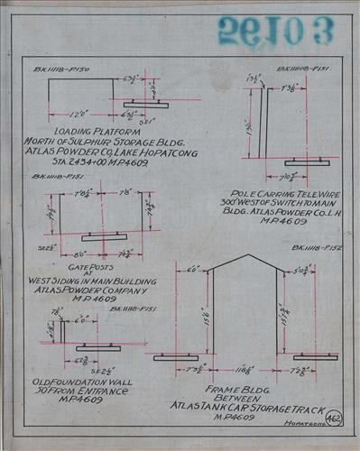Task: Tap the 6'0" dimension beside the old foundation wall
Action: (81, 319)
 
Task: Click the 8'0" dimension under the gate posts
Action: (67, 253)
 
